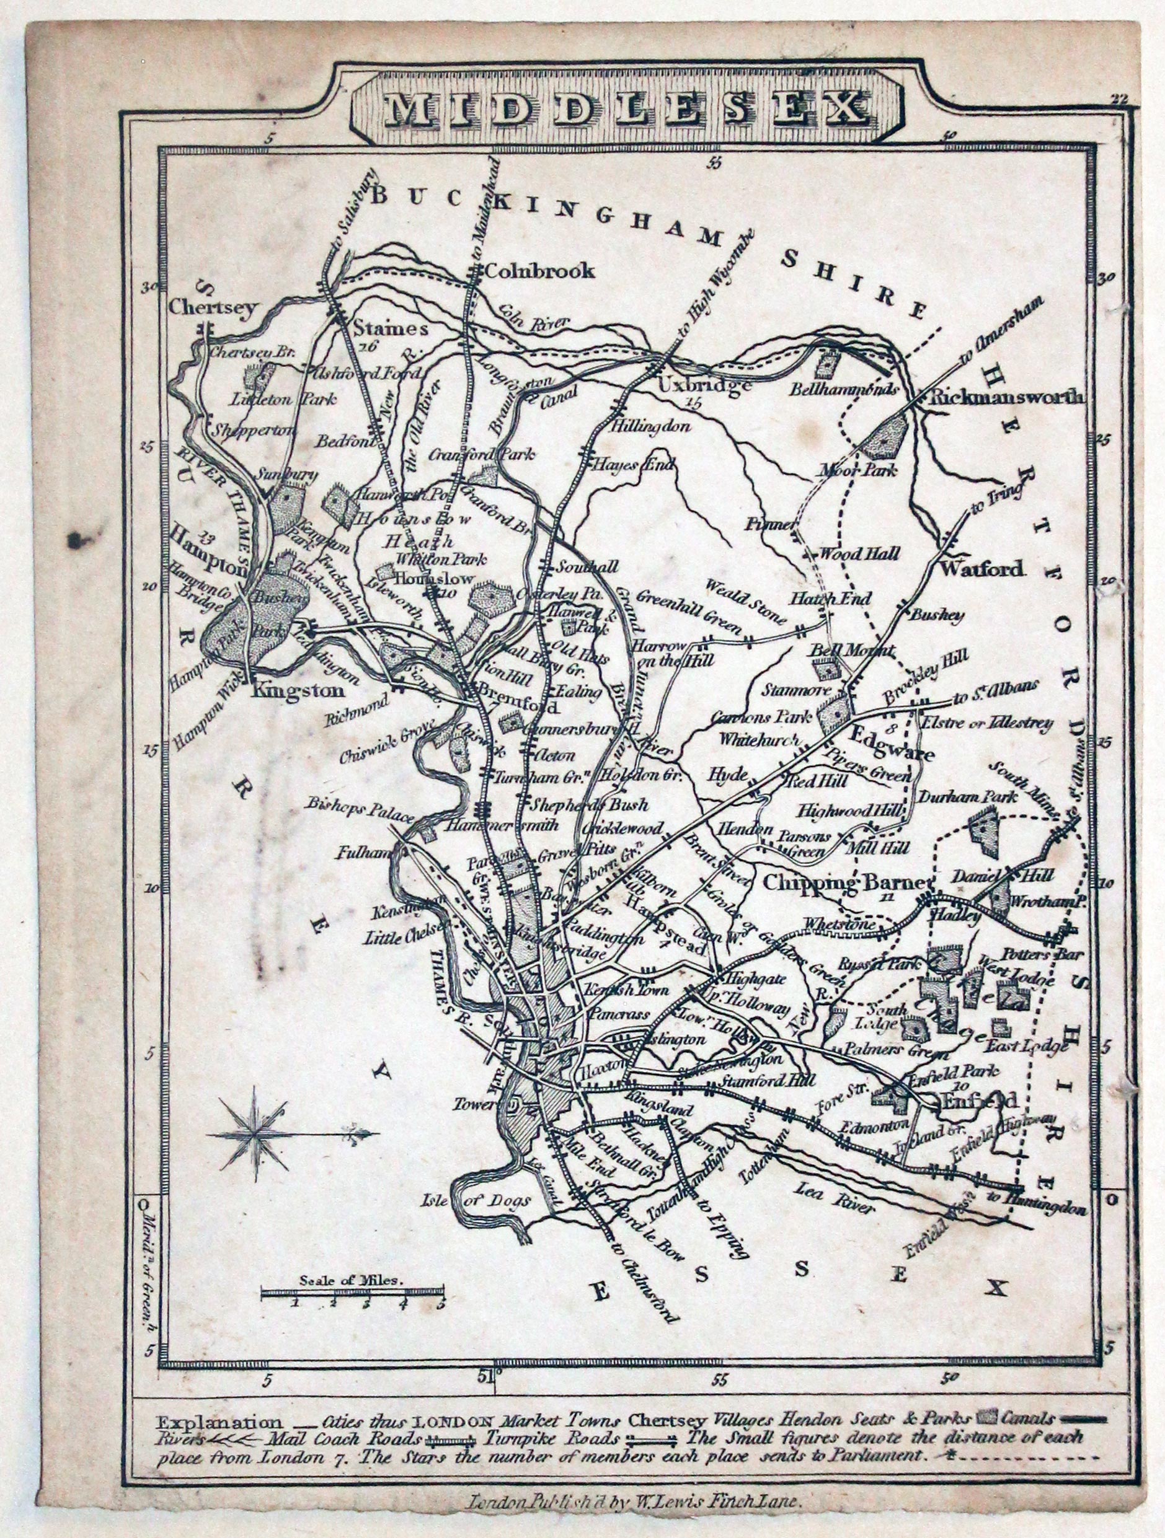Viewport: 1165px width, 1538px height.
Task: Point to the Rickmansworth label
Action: [x=1006, y=398]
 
